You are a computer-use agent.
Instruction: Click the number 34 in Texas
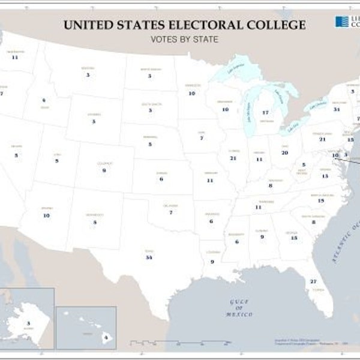(x=148, y=257)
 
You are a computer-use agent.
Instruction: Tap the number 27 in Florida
(x=313, y=281)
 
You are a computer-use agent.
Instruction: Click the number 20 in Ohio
(x=284, y=153)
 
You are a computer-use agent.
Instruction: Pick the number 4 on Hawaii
(x=105, y=337)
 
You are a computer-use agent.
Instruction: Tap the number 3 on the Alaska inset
(x=28, y=323)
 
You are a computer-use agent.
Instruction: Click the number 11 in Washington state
(x=15, y=58)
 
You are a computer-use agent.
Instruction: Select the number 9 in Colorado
(x=104, y=170)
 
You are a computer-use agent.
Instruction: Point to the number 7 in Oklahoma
(x=171, y=212)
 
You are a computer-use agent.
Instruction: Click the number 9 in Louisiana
(x=212, y=262)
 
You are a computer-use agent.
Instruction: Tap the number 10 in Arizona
(x=46, y=215)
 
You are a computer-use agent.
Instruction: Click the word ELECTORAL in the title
(x=206, y=25)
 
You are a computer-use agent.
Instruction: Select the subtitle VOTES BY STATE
(x=184, y=40)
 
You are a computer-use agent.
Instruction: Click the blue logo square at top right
(x=341, y=22)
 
